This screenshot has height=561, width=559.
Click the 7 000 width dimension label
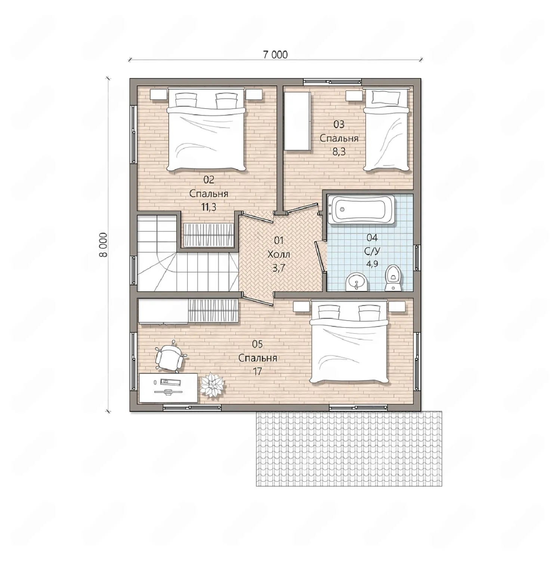pyautogui.click(x=275, y=55)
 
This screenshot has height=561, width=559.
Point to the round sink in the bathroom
pyautogui.click(x=357, y=281)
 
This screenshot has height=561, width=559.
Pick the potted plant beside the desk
pyautogui.click(x=212, y=384)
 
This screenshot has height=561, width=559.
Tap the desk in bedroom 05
pyautogui.click(x=168, y=387)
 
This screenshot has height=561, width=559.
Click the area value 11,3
pyautogui.click(x=209, y=207)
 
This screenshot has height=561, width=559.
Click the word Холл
pyautogui.click(x=278, y=254)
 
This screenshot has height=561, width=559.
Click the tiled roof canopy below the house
pyautogui.click(x=349, y=448)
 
